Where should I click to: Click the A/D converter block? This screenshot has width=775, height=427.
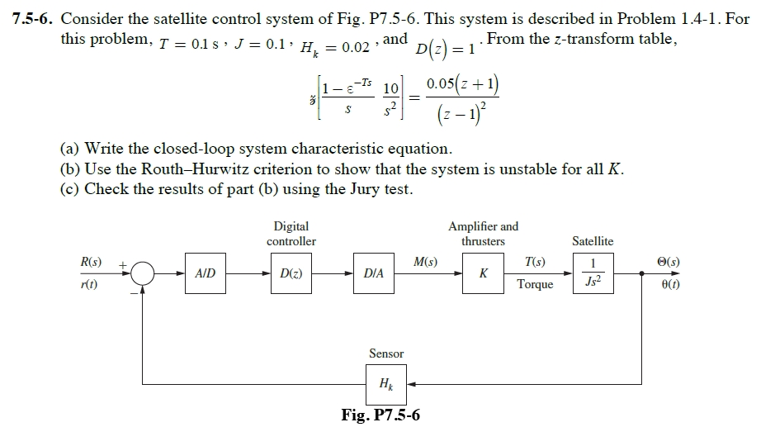pos(206,273)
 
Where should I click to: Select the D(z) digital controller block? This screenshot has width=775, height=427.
pos(291,273)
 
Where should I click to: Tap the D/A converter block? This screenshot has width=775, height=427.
pos(375,273)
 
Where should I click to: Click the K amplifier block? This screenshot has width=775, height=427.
pos(483,273)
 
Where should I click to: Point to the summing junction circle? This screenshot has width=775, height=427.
pos(142,273)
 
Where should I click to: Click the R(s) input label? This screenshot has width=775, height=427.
pos(91,263)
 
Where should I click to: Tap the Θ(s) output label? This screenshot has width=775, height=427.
pos(665,263)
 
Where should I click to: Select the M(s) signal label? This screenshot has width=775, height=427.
pos(425,263)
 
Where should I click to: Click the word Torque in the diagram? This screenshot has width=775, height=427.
pos(535,284)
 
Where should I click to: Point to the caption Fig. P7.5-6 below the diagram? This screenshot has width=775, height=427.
pos(380,415)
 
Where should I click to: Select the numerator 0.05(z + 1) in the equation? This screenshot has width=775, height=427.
pos(462,87)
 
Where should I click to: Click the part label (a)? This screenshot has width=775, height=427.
pos(69,149)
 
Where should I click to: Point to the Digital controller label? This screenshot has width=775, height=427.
pos(291,233)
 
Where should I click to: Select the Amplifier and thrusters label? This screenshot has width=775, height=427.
pos(483,233)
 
